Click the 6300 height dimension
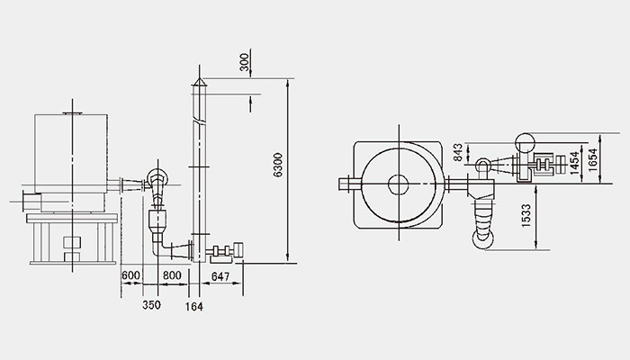pyautogui.click(x=278, y=165)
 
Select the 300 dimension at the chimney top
pyautogui.click(x=244, y=62)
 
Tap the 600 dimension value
pyautogui.click(x=131, y=275)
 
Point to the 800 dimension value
pyautogui.click(x=172, y=275)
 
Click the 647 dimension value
pyautogui.click(x=220, y=276)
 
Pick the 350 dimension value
pyautogui.click(x=151, y=305)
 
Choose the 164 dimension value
pyautogui.click(x=194, y=307)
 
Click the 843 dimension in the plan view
pyautogui.click(x=458, y=152)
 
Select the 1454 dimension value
pyautogui.click(x=575, y=163)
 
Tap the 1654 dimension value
pyautogui.click(x=593, y=160)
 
